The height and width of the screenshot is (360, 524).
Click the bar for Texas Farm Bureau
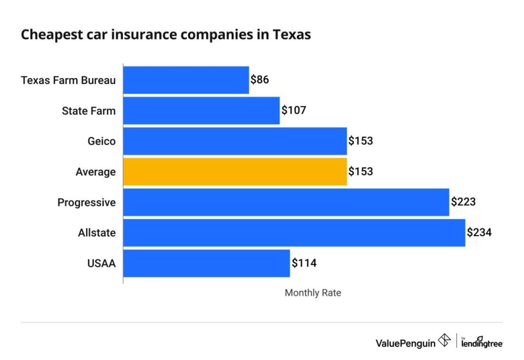tap(186, 80)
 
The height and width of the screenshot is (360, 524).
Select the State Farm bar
tap(201, 110)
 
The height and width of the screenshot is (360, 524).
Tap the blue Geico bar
tap(235, 141)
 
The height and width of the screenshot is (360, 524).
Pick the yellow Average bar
tap(235, 172)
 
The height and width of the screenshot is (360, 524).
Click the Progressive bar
tap(286, 202)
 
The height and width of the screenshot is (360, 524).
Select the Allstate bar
tap(294, 233)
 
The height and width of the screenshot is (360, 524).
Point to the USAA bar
tap(206, 263)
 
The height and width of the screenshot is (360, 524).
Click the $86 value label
tap(259, 80)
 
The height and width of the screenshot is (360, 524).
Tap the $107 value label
tap(293, 110)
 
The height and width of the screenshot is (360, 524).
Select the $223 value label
tap(463, 202)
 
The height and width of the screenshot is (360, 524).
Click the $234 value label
tap(479, 233)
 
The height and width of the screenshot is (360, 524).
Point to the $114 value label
tap(304, 263)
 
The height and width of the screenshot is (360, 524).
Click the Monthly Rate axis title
tap(313, 293)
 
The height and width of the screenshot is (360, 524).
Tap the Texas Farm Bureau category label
tap(68, 80)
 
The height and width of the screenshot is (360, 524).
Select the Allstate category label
tap(97, 233)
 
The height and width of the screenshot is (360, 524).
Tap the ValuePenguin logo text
tap(405, 343)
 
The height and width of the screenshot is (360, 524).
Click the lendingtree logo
tap(482, 342)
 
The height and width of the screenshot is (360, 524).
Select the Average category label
tap(95, 172)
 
